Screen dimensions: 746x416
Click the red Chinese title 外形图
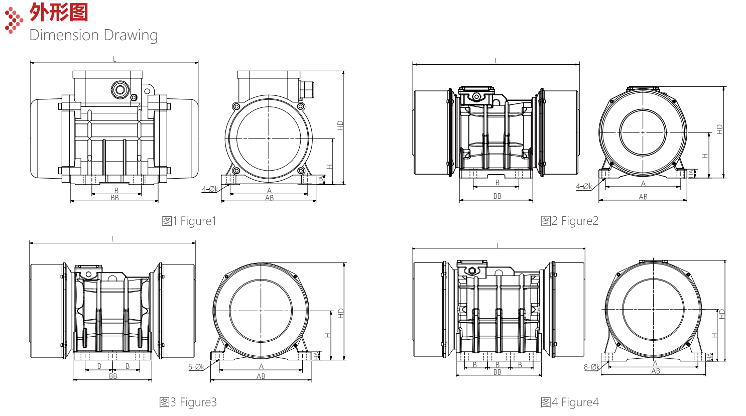pos(59,13)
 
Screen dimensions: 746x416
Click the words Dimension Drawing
pos(93,35)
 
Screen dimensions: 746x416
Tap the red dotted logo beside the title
pos(14,20)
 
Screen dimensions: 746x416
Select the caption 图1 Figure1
pos(189,221)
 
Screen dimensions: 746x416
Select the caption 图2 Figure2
pos(569,221)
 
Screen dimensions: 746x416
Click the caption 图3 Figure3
pos(188,402)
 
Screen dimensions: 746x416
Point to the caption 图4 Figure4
pos(569,402)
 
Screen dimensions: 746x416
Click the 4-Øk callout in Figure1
pos(210,189)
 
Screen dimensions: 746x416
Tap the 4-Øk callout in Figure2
pos(584,186)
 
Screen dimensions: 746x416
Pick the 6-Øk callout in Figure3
pos(196,367)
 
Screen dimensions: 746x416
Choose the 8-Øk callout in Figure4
pos(591,367)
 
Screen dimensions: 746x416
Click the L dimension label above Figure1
pos(114,59)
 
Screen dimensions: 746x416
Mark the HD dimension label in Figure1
pos(340,125)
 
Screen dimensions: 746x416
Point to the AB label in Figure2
pos(643,197)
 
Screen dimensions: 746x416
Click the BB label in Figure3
pos(113,376)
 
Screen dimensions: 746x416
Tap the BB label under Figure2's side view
pos(497,196)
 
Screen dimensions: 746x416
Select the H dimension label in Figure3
pos(328,335)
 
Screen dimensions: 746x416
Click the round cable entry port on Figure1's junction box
pos(120,89)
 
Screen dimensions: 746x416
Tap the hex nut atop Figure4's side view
pos(472,270)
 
